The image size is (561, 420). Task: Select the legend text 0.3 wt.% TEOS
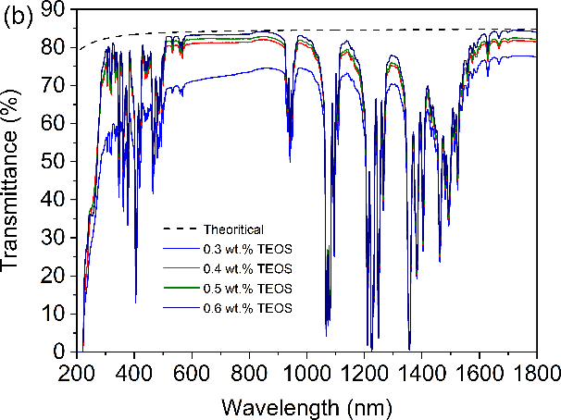(x=246, y=249)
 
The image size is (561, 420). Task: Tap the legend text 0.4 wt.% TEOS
(x=246, y=268)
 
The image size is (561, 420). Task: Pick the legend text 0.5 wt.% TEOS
(x=246, y=288)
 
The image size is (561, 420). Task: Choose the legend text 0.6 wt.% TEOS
(x=246, y=307)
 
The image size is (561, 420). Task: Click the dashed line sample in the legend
(x=181, y=229)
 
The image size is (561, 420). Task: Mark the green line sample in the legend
(x=181, y=288)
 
